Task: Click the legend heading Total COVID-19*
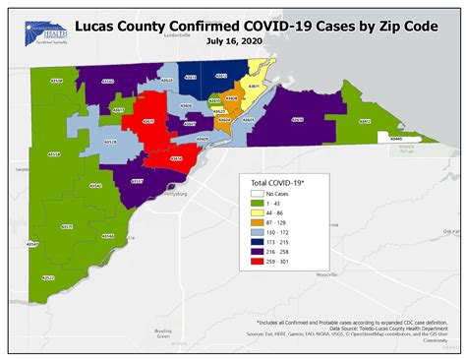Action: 276,184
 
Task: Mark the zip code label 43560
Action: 107,82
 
